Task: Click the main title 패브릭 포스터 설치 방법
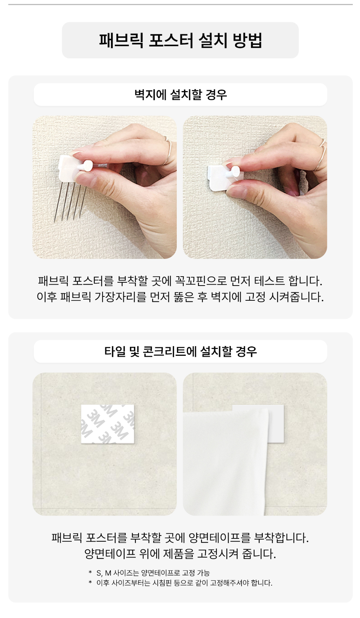click(x=180, y=40)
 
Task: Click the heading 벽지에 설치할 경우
click(x=180, y=95)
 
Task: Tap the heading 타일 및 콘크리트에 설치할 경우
click(x=180, y=351)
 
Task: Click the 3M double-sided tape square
click(x=108, y=424)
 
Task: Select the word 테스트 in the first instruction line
click(x=269, y=281)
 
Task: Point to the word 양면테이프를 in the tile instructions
click(x=219, y=538)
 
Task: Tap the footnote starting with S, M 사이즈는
click(x=153, y=573)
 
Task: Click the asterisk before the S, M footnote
click(x=90, y=572)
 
